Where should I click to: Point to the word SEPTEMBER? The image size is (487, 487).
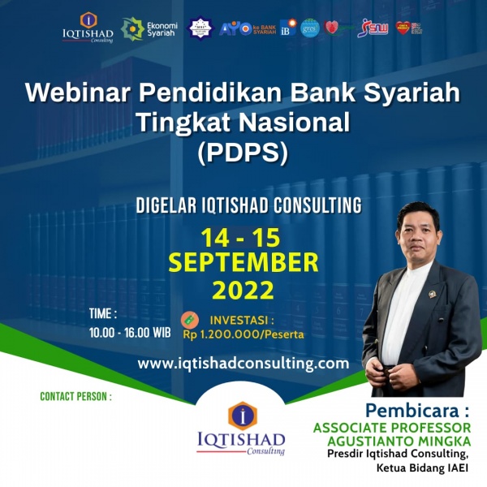tap(243, 263)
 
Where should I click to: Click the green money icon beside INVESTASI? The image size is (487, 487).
tap(188, 317)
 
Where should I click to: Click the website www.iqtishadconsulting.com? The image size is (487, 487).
tap(243, 363)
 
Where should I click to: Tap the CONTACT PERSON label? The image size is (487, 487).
tap(75, 397)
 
